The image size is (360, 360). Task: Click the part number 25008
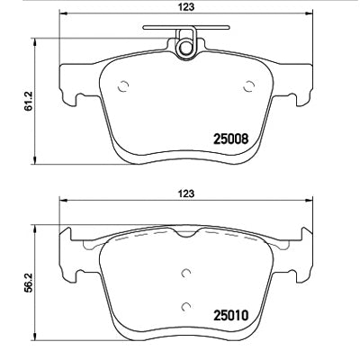click(x=230, y=139)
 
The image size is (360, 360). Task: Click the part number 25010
click(x=230, y=315)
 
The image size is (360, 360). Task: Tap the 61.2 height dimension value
click(x=29, y=101)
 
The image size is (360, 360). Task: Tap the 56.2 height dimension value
click(x=29, y=283)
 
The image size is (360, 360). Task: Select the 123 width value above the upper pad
click(x=186, y=6)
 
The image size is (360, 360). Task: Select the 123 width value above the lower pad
click(x=186, y=193)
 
